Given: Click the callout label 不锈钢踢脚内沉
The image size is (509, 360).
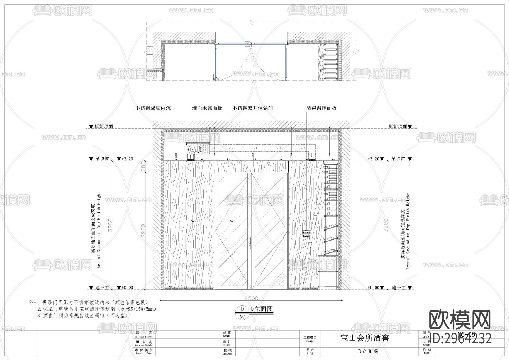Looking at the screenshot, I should click(x=153, y=108).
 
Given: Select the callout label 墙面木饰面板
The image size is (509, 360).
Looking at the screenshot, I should click(x=207, y=108).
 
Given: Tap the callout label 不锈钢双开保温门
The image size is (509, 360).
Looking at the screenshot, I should click(x=252, y=108).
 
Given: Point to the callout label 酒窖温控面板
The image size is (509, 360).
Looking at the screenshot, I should click(x=322, y=108).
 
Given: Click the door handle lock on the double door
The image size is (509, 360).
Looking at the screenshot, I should click(x=249, y=243).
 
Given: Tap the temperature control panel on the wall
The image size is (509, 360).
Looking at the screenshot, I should click(x=307, y=233).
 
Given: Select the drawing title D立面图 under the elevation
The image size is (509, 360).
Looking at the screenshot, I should click(x=261, y=309).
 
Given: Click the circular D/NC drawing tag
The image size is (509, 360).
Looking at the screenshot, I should click(x=242, y=313).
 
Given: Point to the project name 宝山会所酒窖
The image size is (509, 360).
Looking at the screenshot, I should click(x=365, y=338).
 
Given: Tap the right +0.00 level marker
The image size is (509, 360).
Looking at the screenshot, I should click(x=375, y=288).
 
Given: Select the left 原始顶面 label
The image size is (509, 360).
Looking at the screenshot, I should click(x=101, y=127).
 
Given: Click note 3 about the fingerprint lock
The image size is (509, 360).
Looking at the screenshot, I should click(x=83, y=315).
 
